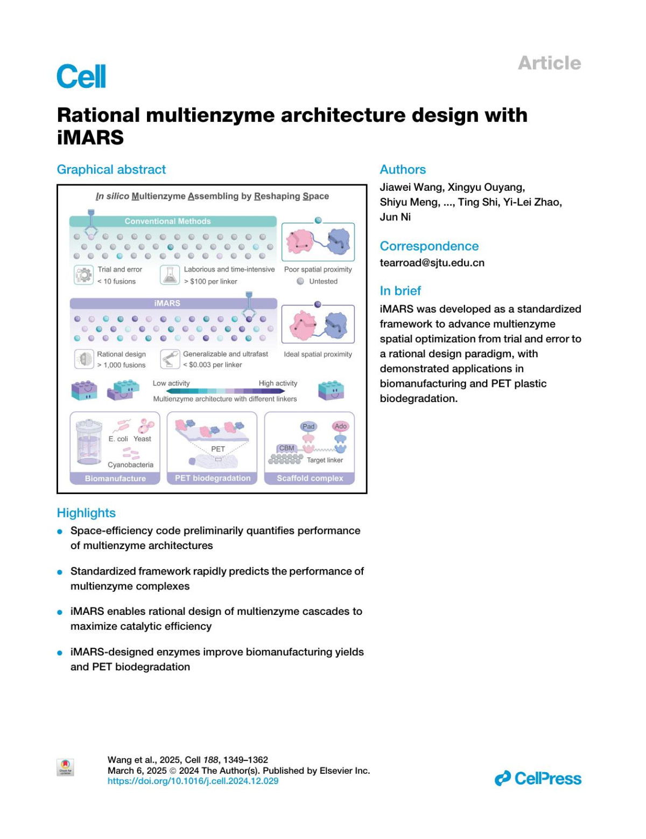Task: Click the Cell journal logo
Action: pyautogui.click(x=81, y=76)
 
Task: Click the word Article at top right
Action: pyautogui.click(x=549, y=63)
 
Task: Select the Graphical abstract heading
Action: pyautogui.click(x=111, y=170)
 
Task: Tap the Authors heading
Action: pyautogui.click(x=403, y=170)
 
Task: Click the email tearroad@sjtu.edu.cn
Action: pyautogui.click(x=432, y=263)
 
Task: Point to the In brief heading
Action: pyautogui.click(x=400, y=291)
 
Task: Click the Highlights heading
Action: pyautogui.click(x=86, y=513)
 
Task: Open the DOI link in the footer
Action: pyautogui.click(x=193, y=781)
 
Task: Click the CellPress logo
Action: pyautogui.click(x=538, y=779)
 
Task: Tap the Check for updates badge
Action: pyautogui.click(x=65, y=767)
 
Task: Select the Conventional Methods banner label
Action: pyautogui.click(x=167, y=221)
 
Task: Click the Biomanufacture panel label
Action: pyautogui.click(x=115, y=479)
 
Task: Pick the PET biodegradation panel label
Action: pyautogui.click(x=213, y=479)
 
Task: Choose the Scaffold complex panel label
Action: pyautogui.click(x=310, y=479)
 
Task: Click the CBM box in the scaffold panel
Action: pyautogui.click(x=286, y=448)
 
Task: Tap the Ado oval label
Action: pyautogui.click(x=340, y=426)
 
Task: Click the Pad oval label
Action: pyautogui.click(x=308, y=426)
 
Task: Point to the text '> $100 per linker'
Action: pyautogui.click(x=210, y=281)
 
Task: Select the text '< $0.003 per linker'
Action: pyautogui.click(x=213, y=365)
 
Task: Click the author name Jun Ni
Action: pyautogui.click(x=395, y=217)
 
